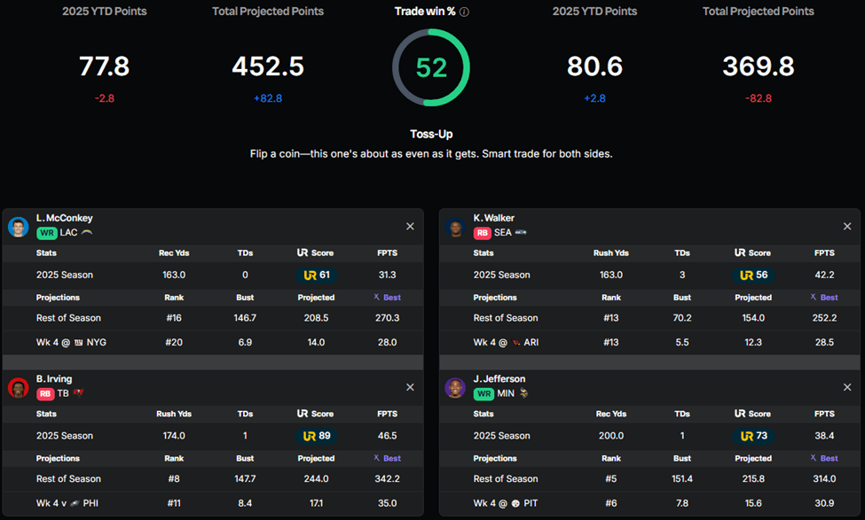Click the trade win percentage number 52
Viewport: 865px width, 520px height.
(x=431, y=67)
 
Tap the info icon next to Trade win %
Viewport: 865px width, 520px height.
(x=465, y=12)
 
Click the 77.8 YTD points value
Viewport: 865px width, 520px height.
(x=105, y=66)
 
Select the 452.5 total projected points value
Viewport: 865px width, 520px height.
(x=268, y=66)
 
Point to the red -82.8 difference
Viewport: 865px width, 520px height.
(x=758, y=98)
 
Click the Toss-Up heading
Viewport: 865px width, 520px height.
(x=431, y=135)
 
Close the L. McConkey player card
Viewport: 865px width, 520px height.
(x=410, y=227)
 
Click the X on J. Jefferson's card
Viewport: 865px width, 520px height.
(x=846, y=387)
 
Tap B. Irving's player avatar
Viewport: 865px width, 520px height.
(x=19, y=387)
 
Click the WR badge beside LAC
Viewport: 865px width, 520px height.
(x=46, y=233)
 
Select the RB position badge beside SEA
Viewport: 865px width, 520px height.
(x=483, y=233)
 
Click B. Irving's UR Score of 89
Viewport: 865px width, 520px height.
(x=318, y=436)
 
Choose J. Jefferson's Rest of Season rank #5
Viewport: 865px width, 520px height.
(x=610, y=479)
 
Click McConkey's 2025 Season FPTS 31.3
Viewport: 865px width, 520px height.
(x=387, y=275)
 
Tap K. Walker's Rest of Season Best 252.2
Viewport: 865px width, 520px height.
(x=824, y=318)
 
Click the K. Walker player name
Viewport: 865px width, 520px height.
(x=493, y=218)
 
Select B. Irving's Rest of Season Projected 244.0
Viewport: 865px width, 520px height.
(x=316, y=479)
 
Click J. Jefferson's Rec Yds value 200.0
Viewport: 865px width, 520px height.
(x=610, y=436)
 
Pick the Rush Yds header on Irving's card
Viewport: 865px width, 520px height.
(x=175, y=414)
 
